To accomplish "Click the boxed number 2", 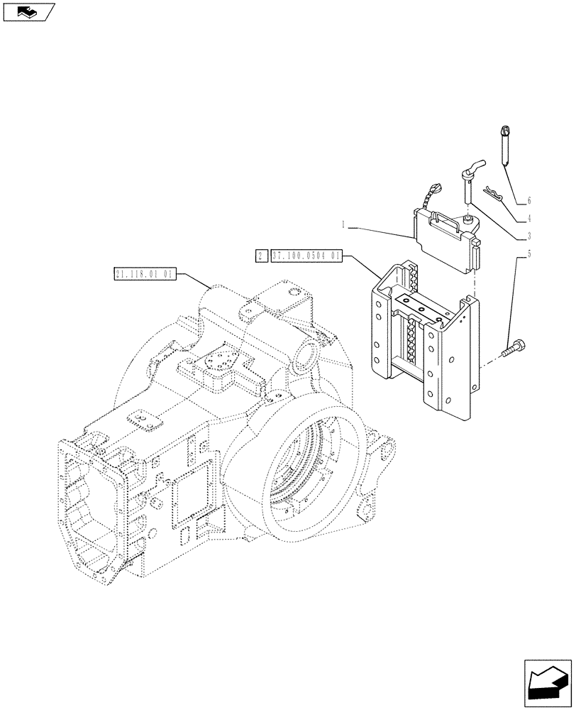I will [x=260, y=256].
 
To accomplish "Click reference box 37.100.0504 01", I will [x=306, y=256].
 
